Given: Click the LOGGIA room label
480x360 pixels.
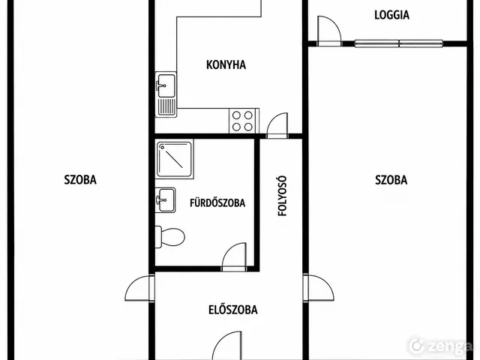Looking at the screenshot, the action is click(x=391, y=15).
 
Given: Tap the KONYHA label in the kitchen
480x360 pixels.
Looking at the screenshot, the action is click(x=226, y=65).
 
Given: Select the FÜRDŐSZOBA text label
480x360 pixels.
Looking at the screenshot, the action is click(x=217, y=203).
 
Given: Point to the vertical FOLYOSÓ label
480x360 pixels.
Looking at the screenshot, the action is click(x=282, y=196).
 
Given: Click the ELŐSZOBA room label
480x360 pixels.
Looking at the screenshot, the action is click(x=233, y=310).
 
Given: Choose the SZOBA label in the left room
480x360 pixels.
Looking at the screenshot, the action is click(x=80, y=180).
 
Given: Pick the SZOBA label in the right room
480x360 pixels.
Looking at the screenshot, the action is click(x=391, y=180).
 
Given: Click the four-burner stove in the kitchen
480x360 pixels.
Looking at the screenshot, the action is click(x=242, y=121).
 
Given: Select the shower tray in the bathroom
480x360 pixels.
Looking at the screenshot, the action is click(x=175, y=159).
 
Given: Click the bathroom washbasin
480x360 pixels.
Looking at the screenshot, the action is click(x=165, y=200).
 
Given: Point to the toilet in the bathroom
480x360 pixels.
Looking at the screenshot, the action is click(x=170, y=237).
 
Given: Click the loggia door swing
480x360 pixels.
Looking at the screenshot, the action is click(x=329, y=31).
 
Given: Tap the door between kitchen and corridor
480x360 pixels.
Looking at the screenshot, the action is click(x=277, y=125).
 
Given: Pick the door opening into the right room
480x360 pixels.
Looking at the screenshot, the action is click(x=318, y=288).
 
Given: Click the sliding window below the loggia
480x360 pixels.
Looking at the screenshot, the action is click(x=399, y=43).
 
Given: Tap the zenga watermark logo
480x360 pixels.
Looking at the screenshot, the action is click(x=440, y=346).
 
